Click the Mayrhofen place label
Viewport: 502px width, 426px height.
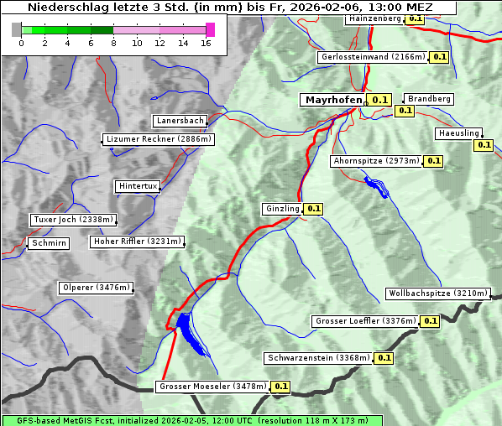pyautogui.click(x=333, y=99)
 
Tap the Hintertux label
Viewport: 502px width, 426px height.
pyautogui.click(x=138, y=186)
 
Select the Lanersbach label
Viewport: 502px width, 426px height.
pyautogui.click(x=179, y=121)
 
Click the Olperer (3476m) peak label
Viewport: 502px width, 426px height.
pyautogui.click(x=96, y=288)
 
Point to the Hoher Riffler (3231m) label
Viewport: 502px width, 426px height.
pyautogui.click(x=136, y=242)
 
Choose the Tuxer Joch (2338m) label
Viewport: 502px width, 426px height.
pyautogui.click(x=72, y=220)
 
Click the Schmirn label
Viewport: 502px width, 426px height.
pyautogui.click(x=47, y=243)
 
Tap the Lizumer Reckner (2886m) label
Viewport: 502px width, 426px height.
pyautogui.click(x=158, y=139)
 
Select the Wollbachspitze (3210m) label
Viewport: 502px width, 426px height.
pyautogui.click(x=437, y=294)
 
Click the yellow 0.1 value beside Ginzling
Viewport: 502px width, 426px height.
pyautogui.click(x=313, y=209)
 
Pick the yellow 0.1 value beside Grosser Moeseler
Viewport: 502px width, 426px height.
pyautogui.click(x=280, y=387)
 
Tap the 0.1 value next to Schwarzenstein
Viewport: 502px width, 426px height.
pyautogui.click(x=384, y=358)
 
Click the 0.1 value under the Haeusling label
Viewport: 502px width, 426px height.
pyautogui.click(x=484, y=145)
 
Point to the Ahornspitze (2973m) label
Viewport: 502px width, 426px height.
pyautogui.click(x=375, y=161)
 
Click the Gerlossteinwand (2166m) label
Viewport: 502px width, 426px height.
pyautogui.click(x=372, y=57)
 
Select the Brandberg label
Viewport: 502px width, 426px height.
pyautogui.click(x=429, y=99)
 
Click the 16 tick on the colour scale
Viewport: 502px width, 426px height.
pyautogui.click(x=206, y=42)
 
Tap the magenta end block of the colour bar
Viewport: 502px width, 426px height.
pyautogui.click(x=210, y=29)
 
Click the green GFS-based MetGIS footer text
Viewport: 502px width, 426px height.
pyautogui.click(x=191, y=420)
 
